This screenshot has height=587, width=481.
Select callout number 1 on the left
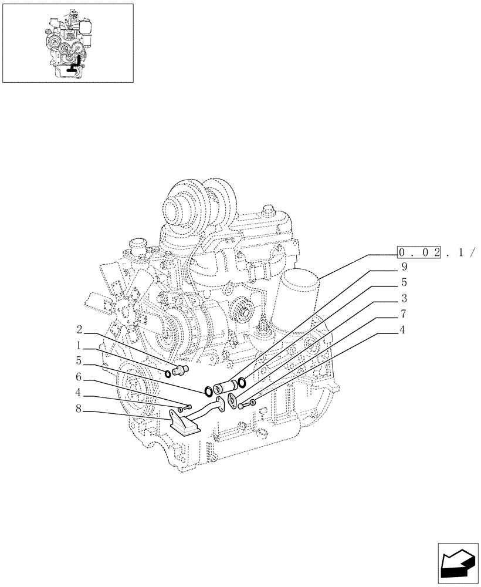(x=79, y=346)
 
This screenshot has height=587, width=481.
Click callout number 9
(x=404, y=266)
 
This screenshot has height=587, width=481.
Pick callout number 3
(x=404, y=298)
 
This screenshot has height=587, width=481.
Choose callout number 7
(x=404, y=314)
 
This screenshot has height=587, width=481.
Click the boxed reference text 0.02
(x=419, y=252)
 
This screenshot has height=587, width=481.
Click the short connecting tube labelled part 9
(x=225, y=387)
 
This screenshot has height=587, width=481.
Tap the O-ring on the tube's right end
(x=241, y=384)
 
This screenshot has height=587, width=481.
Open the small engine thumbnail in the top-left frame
(x=68, y=43)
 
